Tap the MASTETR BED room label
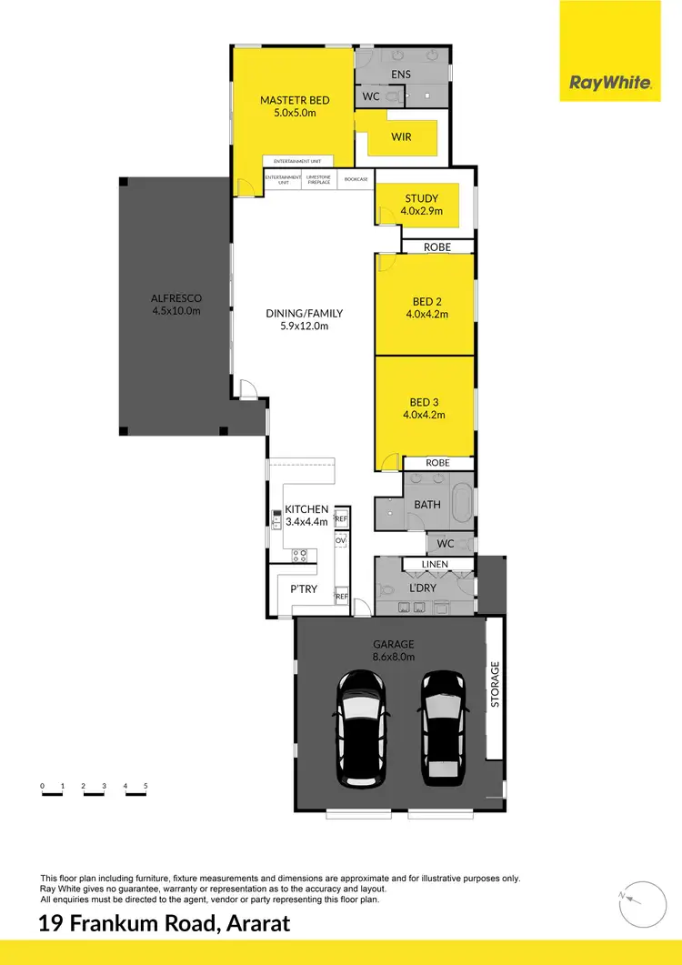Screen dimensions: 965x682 294,100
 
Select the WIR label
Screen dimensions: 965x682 401,136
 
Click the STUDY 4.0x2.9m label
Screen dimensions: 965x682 421,205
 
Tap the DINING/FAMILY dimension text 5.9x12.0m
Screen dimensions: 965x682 305,326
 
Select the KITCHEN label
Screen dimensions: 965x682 306,509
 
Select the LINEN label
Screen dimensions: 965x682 434,565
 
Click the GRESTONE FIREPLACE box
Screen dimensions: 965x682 319,179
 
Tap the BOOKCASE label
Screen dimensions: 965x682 356,179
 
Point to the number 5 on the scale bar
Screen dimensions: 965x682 145,785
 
